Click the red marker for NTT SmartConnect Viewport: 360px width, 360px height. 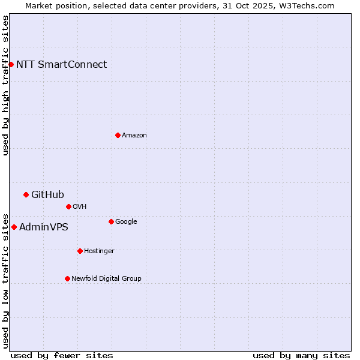click(11, 64)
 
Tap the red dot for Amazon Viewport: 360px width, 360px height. click(118, 135)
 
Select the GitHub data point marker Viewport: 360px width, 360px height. click(26, 194)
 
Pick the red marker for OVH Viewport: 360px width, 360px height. click(68, 206)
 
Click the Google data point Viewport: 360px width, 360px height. click(111, 221)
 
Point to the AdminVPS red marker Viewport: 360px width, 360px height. click(14, 227)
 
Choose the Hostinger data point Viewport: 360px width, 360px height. click(80, 251)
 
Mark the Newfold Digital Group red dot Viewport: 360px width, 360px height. click(67, 278)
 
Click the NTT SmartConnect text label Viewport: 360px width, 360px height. click(61, 64)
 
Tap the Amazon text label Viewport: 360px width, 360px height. click(134, 135)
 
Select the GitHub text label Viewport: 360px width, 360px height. click(47, 194)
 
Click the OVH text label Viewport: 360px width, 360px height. click(80, 206)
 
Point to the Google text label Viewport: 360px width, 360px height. click(126, 221)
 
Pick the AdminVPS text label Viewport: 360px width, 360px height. click(44, 227)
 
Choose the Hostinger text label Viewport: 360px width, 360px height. click(99, 251)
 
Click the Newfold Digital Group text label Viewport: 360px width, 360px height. click(106, 278)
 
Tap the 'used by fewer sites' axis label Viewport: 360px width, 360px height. click(62, 355)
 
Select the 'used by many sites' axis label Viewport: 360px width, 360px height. click(301, 355)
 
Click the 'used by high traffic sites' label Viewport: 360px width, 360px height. click(5, 85)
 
